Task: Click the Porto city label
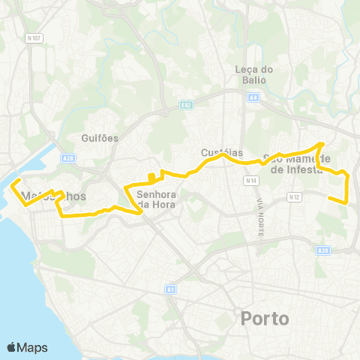[x=265, y=319]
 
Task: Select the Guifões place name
[x=99, y=138]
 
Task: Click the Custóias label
[x=218, y=152]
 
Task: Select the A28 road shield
[x=69, y=158]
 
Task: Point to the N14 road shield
[x=250, y=181]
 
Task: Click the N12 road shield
[x=294, y=197]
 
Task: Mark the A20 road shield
[x=323, y=250]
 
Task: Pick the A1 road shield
[x=171, y=289]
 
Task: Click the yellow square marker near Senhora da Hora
[x=151, y=178]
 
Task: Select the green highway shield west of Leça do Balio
[x=187, y=105]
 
